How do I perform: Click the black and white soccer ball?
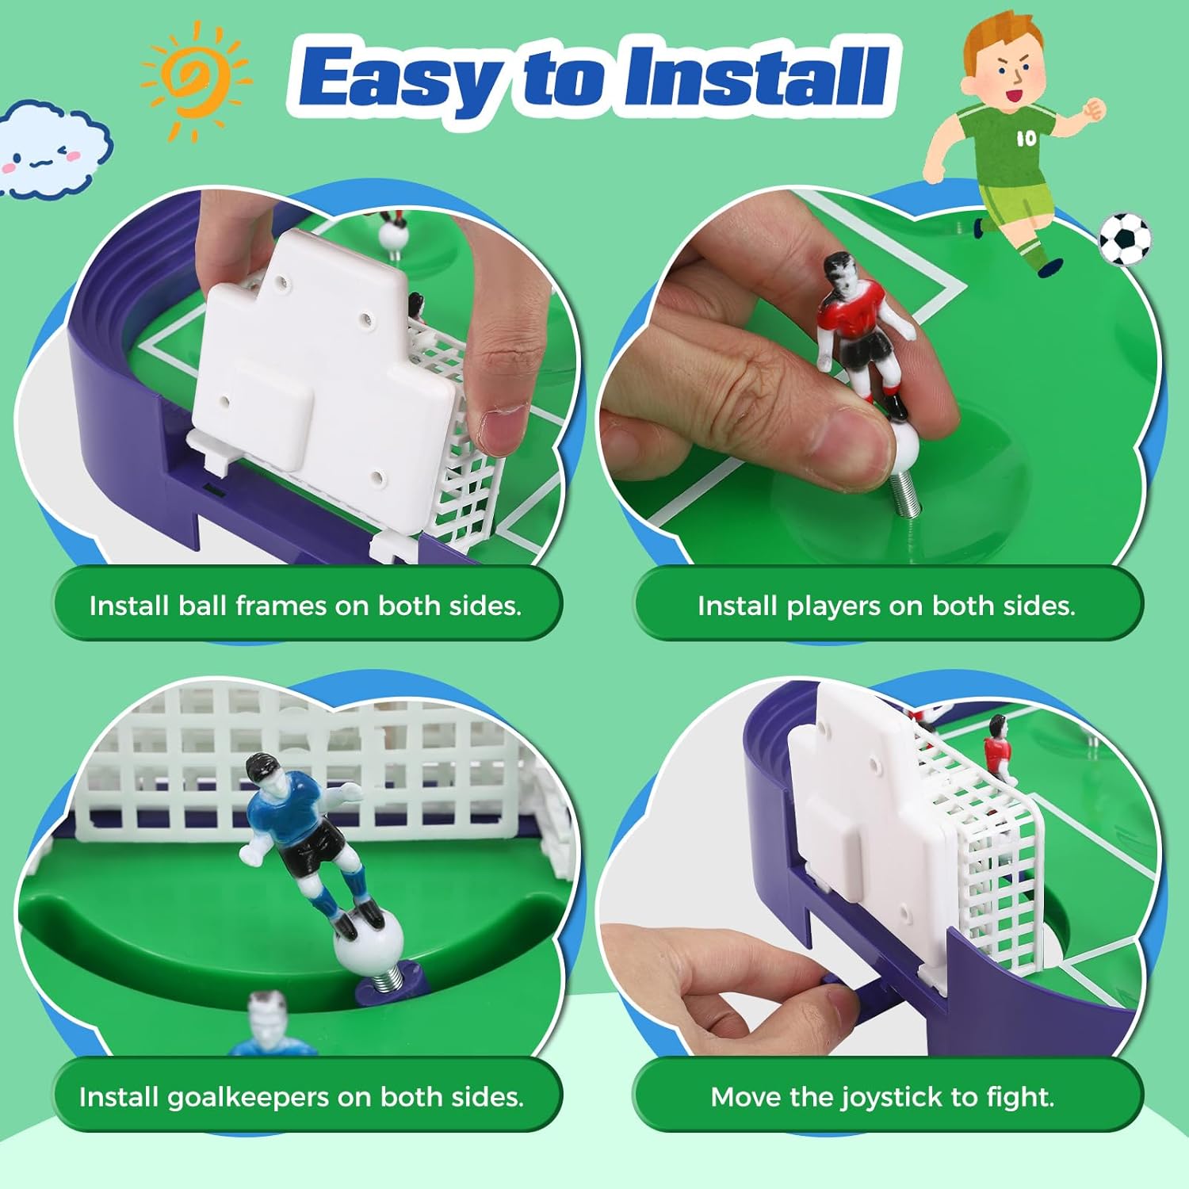pyautogui.click(x=1125, y=239)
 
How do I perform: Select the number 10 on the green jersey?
pyautogui.click(x=1026, y=138)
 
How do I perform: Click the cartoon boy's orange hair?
pyautogui.click(x=991, y=44)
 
